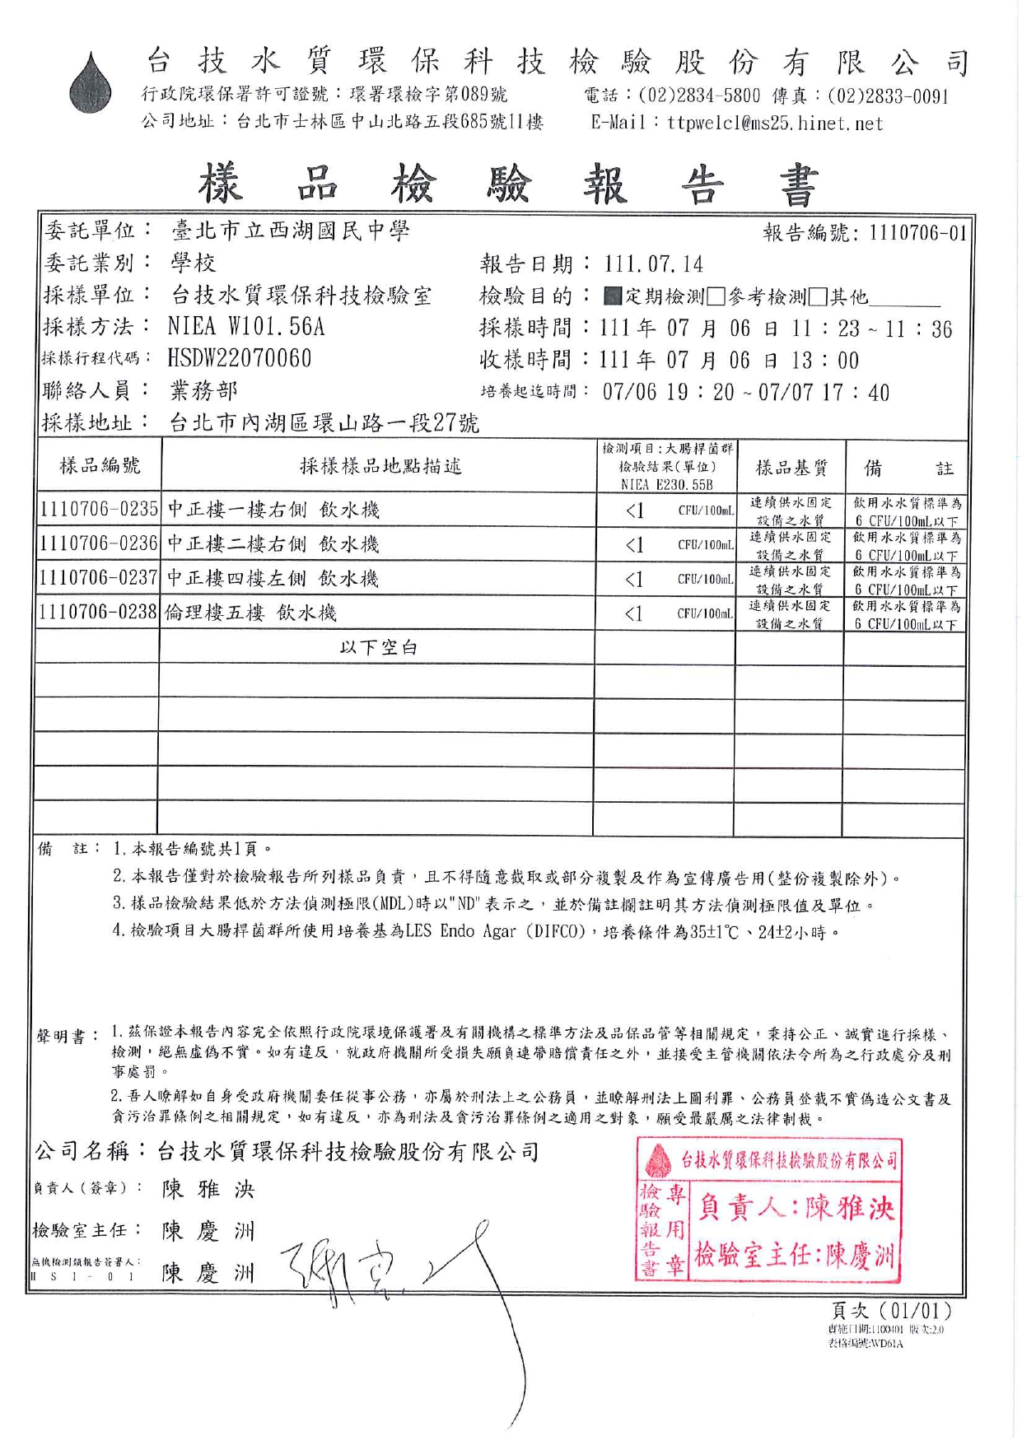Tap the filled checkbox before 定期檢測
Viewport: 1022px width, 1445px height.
[612, 296]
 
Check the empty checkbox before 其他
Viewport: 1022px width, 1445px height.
[818, 296]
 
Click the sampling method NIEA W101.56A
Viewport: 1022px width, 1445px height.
[246, 327]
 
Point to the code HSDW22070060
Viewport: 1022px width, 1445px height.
[240, 359]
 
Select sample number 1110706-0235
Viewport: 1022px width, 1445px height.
[99, 510]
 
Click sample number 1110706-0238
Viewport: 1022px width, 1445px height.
[99, 613]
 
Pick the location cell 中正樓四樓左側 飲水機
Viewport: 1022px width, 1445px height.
[273, 579]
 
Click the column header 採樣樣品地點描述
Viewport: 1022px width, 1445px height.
[380, 467]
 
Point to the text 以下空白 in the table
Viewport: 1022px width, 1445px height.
[378, 648]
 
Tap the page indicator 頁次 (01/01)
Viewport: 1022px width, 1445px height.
[891, 1310]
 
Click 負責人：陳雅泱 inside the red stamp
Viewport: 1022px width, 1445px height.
[796, 1208]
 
